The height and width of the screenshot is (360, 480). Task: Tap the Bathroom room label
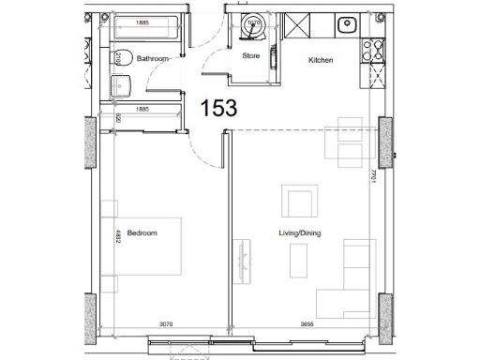point(152,58)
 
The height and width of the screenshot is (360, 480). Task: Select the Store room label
point(250,56)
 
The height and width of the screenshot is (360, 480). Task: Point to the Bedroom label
point(142,233)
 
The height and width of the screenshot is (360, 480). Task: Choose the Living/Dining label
point(299,233)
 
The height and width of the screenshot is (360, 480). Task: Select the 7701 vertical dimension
point(372,175)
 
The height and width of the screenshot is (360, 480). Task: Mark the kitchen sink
point(347,24)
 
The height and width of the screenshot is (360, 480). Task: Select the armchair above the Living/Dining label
point(301,202)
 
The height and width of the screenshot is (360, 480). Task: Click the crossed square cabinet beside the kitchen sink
point(299,25)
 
